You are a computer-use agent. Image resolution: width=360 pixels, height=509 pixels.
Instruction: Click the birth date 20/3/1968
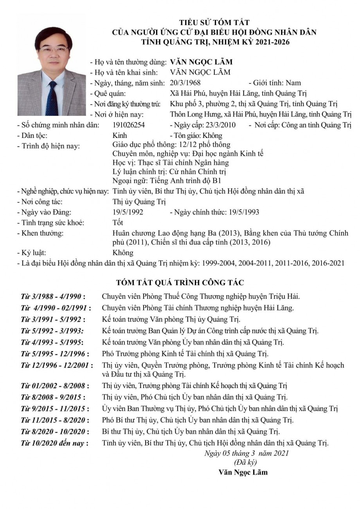click(185, 83)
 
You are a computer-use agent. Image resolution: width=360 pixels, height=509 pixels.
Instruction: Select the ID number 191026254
click(128, 125)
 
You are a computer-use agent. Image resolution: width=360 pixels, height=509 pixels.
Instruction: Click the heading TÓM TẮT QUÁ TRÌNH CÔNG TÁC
click(180, 282)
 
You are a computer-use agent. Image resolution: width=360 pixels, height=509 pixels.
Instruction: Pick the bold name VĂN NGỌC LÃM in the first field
click(201, 62)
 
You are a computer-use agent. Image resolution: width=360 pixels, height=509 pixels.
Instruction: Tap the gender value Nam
click(293, 83)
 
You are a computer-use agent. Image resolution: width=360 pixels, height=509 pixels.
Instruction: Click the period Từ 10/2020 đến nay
click(54, 443)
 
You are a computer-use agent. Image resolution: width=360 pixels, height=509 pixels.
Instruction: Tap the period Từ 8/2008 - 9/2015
click(53, 397)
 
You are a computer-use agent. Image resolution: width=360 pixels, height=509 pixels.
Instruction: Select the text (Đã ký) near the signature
click(245, 462)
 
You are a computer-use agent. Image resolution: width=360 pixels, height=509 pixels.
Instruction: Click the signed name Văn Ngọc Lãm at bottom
click(243, 472)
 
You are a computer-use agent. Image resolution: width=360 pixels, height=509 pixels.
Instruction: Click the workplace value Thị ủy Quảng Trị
click(139, 202)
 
